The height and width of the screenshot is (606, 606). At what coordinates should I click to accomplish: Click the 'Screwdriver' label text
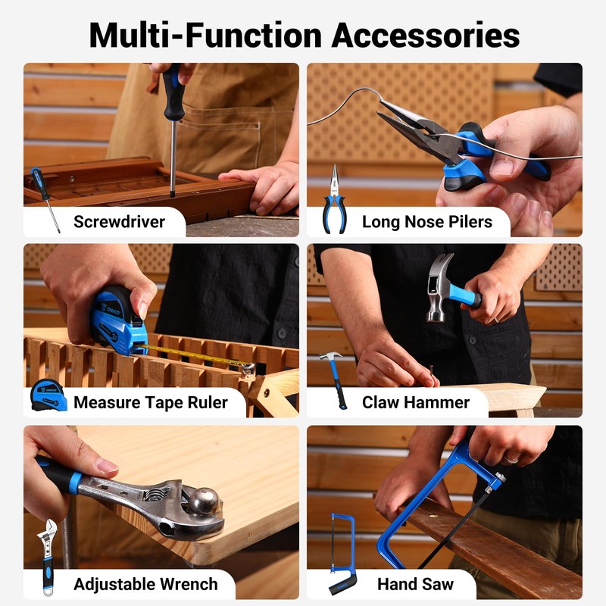119,222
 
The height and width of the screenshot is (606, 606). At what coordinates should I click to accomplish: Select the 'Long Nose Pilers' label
426,222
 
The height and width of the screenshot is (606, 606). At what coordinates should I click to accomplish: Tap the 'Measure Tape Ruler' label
150,402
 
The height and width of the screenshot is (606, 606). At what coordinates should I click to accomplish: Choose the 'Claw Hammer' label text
415,402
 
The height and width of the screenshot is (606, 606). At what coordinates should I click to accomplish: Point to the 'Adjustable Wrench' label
145,584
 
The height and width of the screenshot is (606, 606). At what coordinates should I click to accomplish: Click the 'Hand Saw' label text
415,584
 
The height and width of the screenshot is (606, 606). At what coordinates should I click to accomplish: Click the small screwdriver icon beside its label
45,198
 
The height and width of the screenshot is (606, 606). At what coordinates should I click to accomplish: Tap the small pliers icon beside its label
333,201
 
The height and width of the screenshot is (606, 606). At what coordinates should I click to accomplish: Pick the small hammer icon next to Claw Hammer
334,379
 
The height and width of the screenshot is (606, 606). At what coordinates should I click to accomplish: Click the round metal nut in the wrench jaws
203,502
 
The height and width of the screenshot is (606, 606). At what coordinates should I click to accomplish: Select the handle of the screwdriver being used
172,84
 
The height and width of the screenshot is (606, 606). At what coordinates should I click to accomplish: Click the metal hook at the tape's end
247,369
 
